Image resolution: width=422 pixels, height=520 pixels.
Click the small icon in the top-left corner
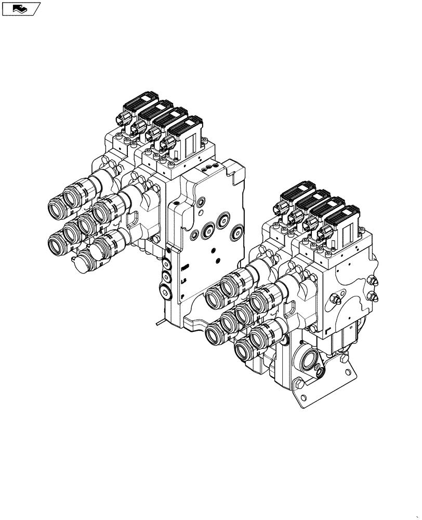[21, 8]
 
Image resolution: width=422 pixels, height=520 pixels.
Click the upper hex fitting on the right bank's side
[372, 281]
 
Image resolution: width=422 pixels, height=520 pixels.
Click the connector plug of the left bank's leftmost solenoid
[123, 119]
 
